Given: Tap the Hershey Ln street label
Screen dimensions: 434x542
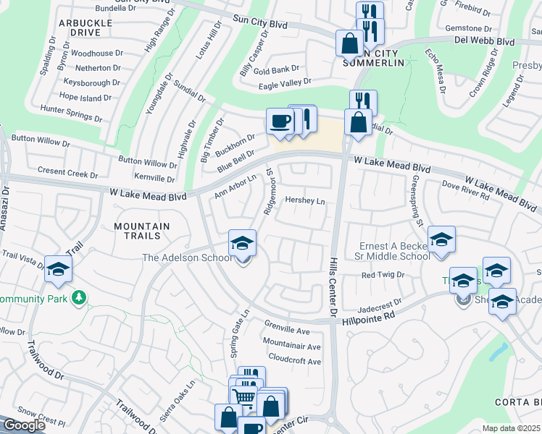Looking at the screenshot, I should point(304,200).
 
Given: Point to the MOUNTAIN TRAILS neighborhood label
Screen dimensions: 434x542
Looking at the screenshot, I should point(142,232).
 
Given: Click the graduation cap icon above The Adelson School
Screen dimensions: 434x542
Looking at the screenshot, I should point(243,242).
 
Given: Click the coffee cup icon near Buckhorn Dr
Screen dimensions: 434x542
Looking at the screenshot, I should point(280,121).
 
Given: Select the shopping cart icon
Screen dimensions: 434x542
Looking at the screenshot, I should point(243,396).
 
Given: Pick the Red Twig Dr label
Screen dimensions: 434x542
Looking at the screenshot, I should point(382,276).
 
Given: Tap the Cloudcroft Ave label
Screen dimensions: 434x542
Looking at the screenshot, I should point(294,361).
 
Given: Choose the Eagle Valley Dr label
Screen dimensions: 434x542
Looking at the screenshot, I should point(285,84).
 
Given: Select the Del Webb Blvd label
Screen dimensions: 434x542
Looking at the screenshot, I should point(484,42).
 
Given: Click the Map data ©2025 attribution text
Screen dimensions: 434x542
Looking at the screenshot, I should point(512,428).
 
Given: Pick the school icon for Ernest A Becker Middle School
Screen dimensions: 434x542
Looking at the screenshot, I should point(441,240).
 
